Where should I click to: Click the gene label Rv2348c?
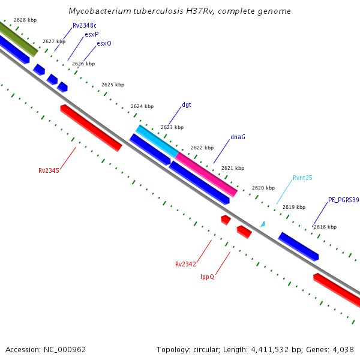click(x=85, y=25)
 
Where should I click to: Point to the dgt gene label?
click(x=187, y=104)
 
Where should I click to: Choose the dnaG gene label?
click(x=238, y=137)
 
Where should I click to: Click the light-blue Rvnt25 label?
click(x=302, y=178)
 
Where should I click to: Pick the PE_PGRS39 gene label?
click(x=343, y=200)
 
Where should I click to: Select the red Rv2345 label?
click(x=49, y=170)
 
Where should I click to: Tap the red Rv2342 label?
click(x=185, y=264)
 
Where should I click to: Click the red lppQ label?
click(x=207, y=277)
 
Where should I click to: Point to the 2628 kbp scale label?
click(x=25, y=20)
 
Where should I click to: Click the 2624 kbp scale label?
click(x=142, y=106)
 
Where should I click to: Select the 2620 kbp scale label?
click(x=263, y=188)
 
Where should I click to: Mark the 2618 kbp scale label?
click(x=325, y=227)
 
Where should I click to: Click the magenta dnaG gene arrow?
click(x=206, y=174)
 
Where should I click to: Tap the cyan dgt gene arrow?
click(x=157, y=142)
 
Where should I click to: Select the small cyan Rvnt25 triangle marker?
click(x=262, y=224)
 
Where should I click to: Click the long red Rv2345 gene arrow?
click(x=91, y=128)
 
